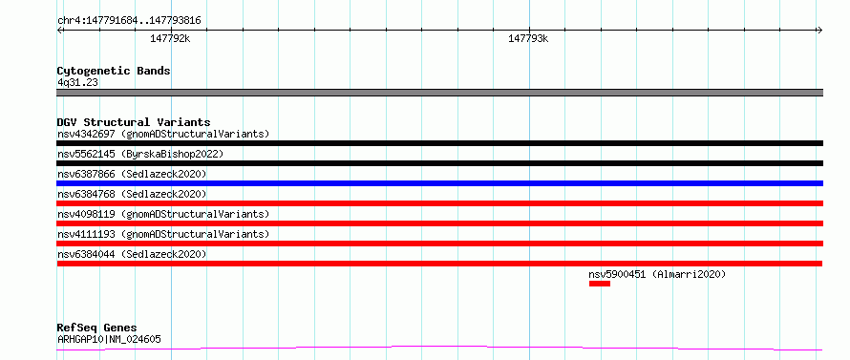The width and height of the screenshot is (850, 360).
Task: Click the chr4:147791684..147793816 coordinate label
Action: coord(129,21)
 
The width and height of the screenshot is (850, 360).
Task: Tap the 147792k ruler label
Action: coord(170,38)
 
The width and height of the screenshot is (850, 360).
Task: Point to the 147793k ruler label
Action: coord(528,38)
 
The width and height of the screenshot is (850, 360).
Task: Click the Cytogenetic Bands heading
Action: coord(114,71)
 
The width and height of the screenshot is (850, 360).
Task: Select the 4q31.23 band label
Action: coord(77,83)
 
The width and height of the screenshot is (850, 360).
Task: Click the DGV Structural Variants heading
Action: coord(134,122)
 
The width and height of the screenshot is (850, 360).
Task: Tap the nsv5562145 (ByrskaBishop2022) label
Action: coord(140,154)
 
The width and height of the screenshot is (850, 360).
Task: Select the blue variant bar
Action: coord(439,183)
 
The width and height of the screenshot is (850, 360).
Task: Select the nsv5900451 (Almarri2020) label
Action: coord(657,274)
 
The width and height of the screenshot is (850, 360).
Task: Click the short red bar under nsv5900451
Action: coord(600,284)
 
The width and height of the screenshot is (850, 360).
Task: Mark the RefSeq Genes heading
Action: coord(97,328)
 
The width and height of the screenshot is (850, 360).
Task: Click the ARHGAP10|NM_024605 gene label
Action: coord(109,340)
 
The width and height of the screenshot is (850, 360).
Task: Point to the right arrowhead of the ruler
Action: coord(821,31)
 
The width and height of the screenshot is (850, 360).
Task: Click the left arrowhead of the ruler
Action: coord(59,31)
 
